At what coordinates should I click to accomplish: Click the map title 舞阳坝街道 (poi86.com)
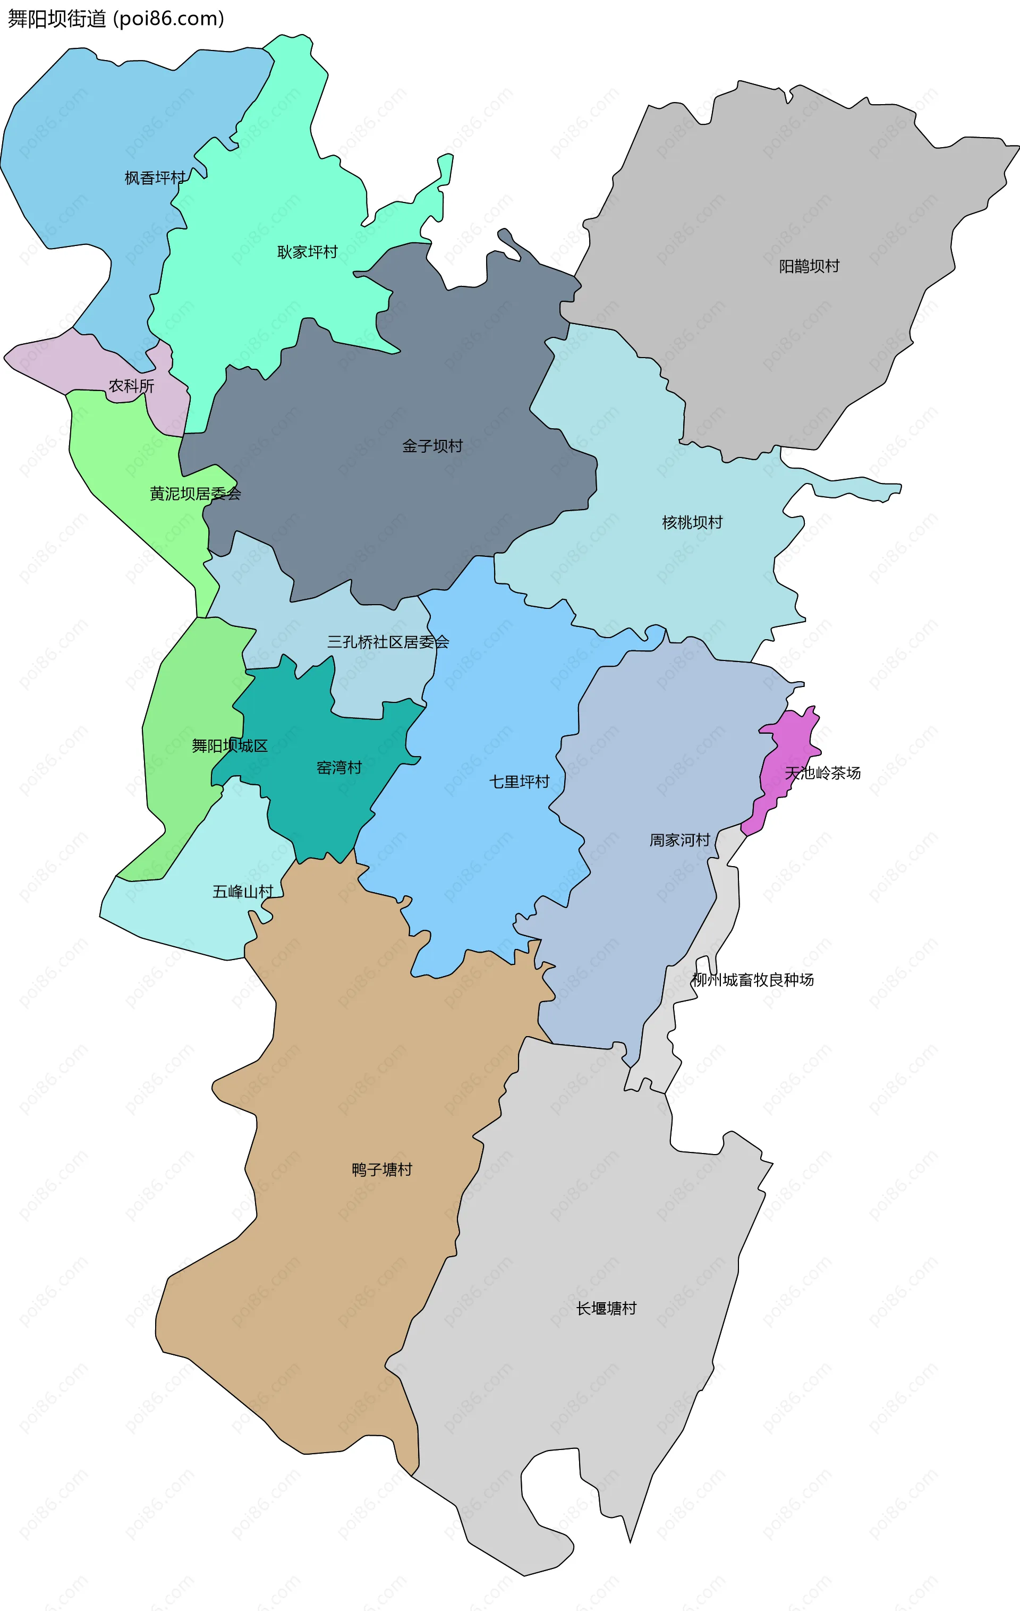(116, 19)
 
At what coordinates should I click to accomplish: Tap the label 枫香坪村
(155, 178)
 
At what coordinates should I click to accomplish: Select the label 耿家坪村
(307, 252)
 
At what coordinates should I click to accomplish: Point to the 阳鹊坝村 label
(809, 266)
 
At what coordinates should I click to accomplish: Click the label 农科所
(131, 386)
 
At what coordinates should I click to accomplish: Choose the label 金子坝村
(432, 446)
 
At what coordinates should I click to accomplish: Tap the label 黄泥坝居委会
(195, 494)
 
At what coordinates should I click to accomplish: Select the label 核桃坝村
(692, 522)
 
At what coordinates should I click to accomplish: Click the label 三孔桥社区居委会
(387, 642)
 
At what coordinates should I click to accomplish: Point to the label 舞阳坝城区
(229, 746)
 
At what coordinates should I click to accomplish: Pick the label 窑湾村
(339, 768)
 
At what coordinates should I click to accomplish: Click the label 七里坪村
(519, 782)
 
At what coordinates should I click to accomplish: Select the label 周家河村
(679, 840)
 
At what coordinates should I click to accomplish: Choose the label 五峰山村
(243, 892)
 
